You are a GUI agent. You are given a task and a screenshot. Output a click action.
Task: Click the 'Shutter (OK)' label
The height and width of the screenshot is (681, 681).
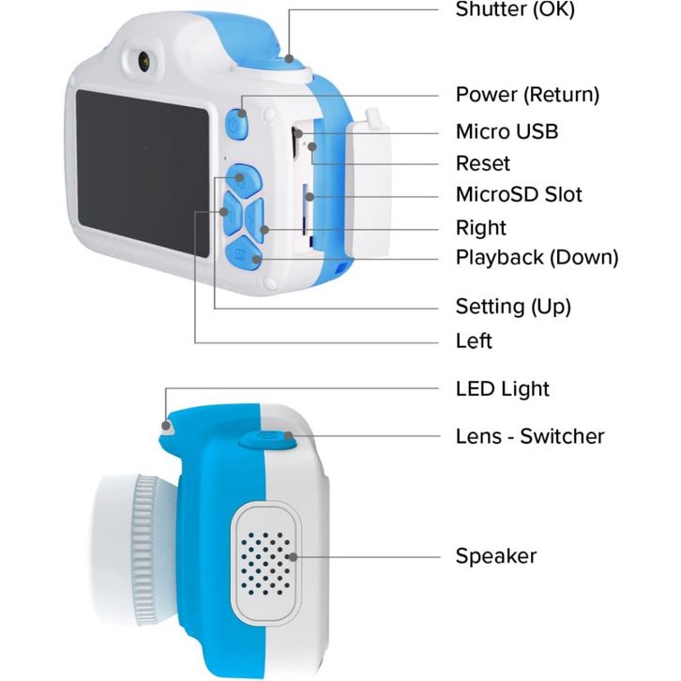[514, 10]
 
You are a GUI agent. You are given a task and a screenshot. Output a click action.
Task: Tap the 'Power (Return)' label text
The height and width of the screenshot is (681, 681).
[526, 95]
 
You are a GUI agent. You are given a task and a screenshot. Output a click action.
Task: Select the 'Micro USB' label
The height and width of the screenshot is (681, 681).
[506, 131]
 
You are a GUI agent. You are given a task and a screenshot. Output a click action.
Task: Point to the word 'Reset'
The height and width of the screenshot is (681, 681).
[482, 163]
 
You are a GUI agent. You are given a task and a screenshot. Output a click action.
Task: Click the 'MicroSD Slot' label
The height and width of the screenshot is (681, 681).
[518, 195]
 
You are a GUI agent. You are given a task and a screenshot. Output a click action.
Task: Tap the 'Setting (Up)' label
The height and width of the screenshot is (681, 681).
[512, 306]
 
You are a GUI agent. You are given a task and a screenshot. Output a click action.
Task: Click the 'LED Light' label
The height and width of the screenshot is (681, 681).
[502, 388]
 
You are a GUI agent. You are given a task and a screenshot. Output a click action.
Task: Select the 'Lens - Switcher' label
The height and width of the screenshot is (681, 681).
[529, 436]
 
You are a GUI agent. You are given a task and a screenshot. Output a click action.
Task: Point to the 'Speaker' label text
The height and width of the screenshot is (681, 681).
[495, 555]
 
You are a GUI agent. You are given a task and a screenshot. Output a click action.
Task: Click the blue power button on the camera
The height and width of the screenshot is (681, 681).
[235, 125]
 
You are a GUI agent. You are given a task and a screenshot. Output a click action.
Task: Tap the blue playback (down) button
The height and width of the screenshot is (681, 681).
[242, 256]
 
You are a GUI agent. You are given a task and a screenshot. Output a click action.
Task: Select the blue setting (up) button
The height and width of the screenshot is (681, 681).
[241, 177]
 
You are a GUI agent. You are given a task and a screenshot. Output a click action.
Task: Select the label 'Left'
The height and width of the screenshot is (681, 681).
[474, 340]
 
